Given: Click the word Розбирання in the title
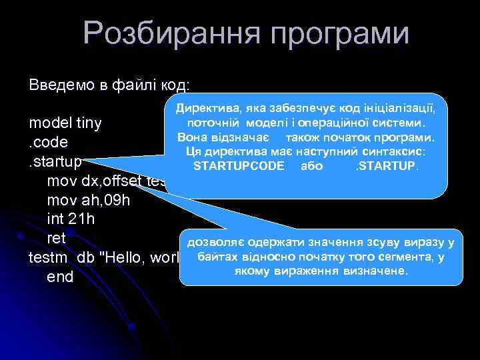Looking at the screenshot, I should click(x=164, y=35).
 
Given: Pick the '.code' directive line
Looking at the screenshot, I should click(x=49, y=143).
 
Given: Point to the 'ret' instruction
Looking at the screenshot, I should click(x=56, y=237).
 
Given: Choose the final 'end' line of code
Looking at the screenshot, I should click(x=59, y=276).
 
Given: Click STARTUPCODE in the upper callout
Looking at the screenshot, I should click(x=239, y=165).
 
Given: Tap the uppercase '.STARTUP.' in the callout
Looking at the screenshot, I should click(x=387, y=165).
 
